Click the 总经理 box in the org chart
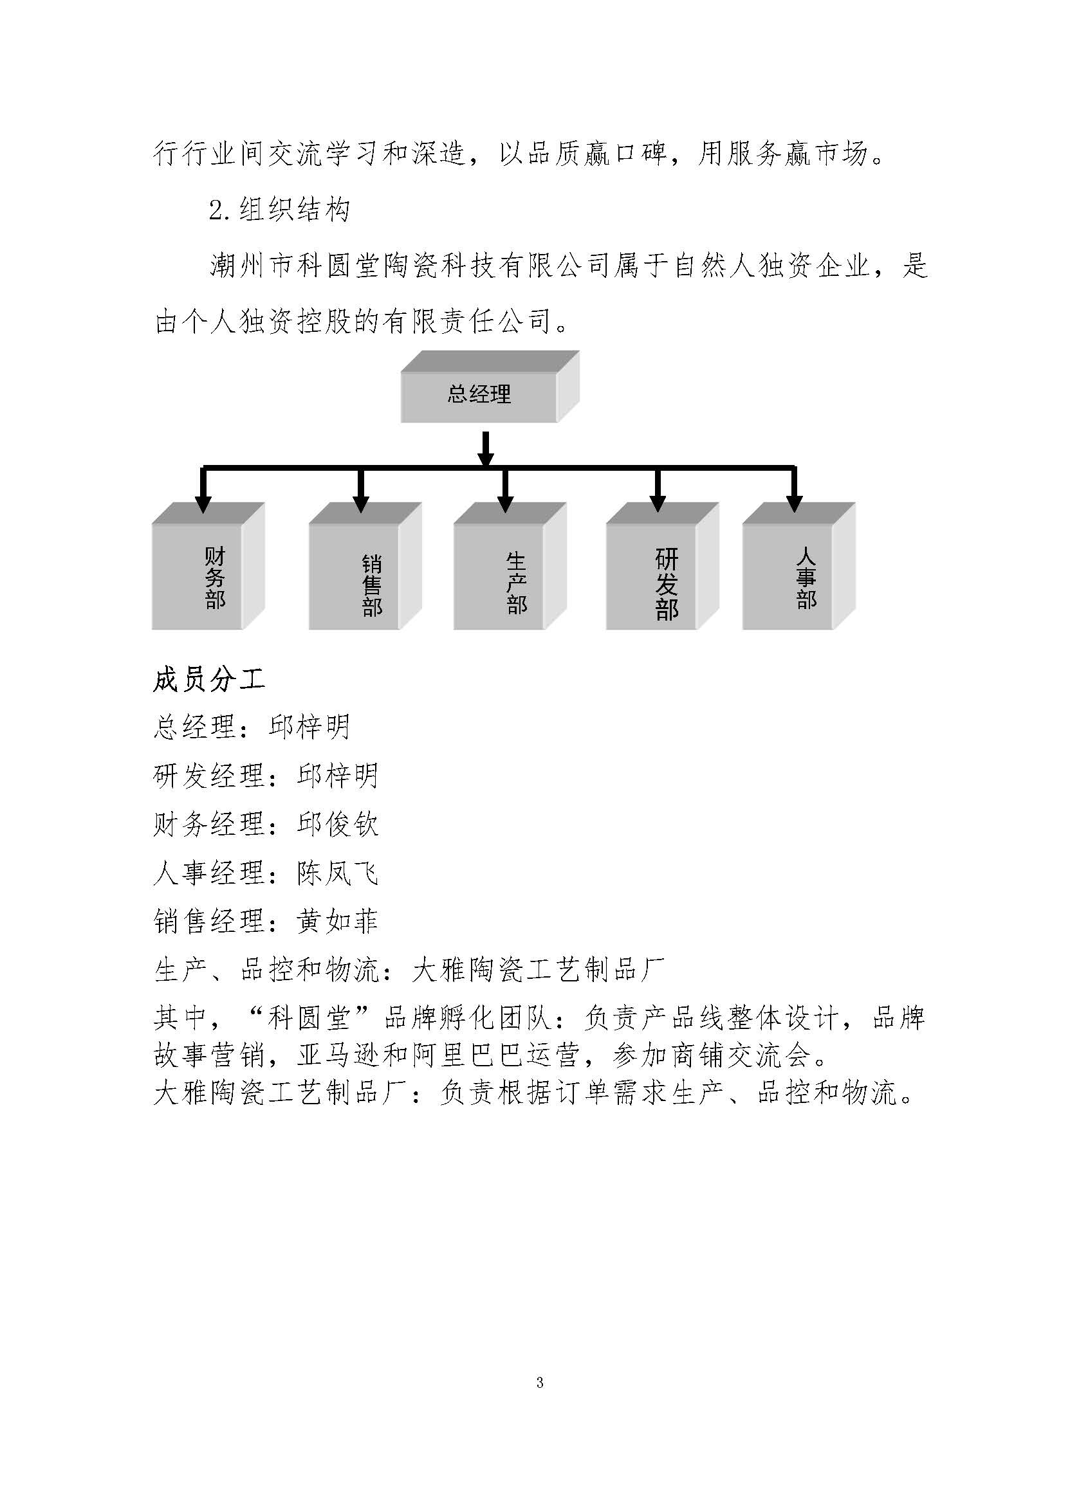490,387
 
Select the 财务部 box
208,567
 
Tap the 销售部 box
365,567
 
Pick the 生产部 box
510,567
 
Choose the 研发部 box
662,567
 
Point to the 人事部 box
798,567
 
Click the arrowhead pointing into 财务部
203,504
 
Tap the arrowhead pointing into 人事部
795,504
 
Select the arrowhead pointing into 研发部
656,504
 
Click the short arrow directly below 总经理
486,449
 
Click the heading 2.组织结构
279,210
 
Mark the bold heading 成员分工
209,680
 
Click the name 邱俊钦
337,824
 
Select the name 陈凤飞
337,873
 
